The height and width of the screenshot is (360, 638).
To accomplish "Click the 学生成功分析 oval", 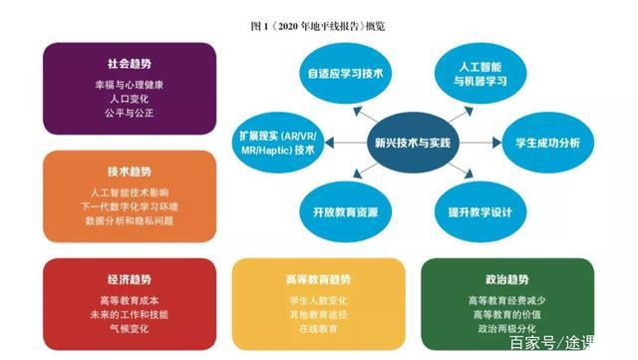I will [x=546, y=144].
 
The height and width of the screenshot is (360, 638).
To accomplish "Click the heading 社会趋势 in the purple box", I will [x=129, y=63].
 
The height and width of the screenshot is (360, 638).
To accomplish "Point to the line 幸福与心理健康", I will [x=129, y=84].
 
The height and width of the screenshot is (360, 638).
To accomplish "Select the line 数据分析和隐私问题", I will [x=129, y=218].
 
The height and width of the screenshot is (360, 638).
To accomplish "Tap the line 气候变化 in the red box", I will [x=129, y=327].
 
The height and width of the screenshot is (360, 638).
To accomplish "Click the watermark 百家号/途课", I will [x=572, y=344].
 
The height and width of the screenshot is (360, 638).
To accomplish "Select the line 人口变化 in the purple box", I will [x=129, y=99].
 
